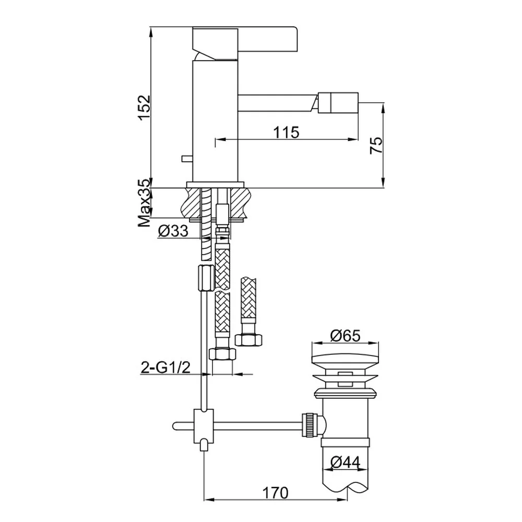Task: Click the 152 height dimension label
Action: pyautogui.click(x=145, y=108)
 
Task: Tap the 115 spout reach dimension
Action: pyautogui.click(x=286, y=132)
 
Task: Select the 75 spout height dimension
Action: pyautogui.click(x=376, y=145)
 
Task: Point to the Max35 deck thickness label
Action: pyautogui.click(x=145, y=204)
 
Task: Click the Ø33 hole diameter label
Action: pyautogui.click(x=173, y=231)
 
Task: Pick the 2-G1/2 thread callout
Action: pyautogui.click(x=166, y=368)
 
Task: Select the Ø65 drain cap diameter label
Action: pyautogui.click(x=345, y=336)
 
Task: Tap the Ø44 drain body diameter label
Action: pyautogui.click(x=345, y=462)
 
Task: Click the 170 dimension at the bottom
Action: pyautogui.click(x=275, y=493)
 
